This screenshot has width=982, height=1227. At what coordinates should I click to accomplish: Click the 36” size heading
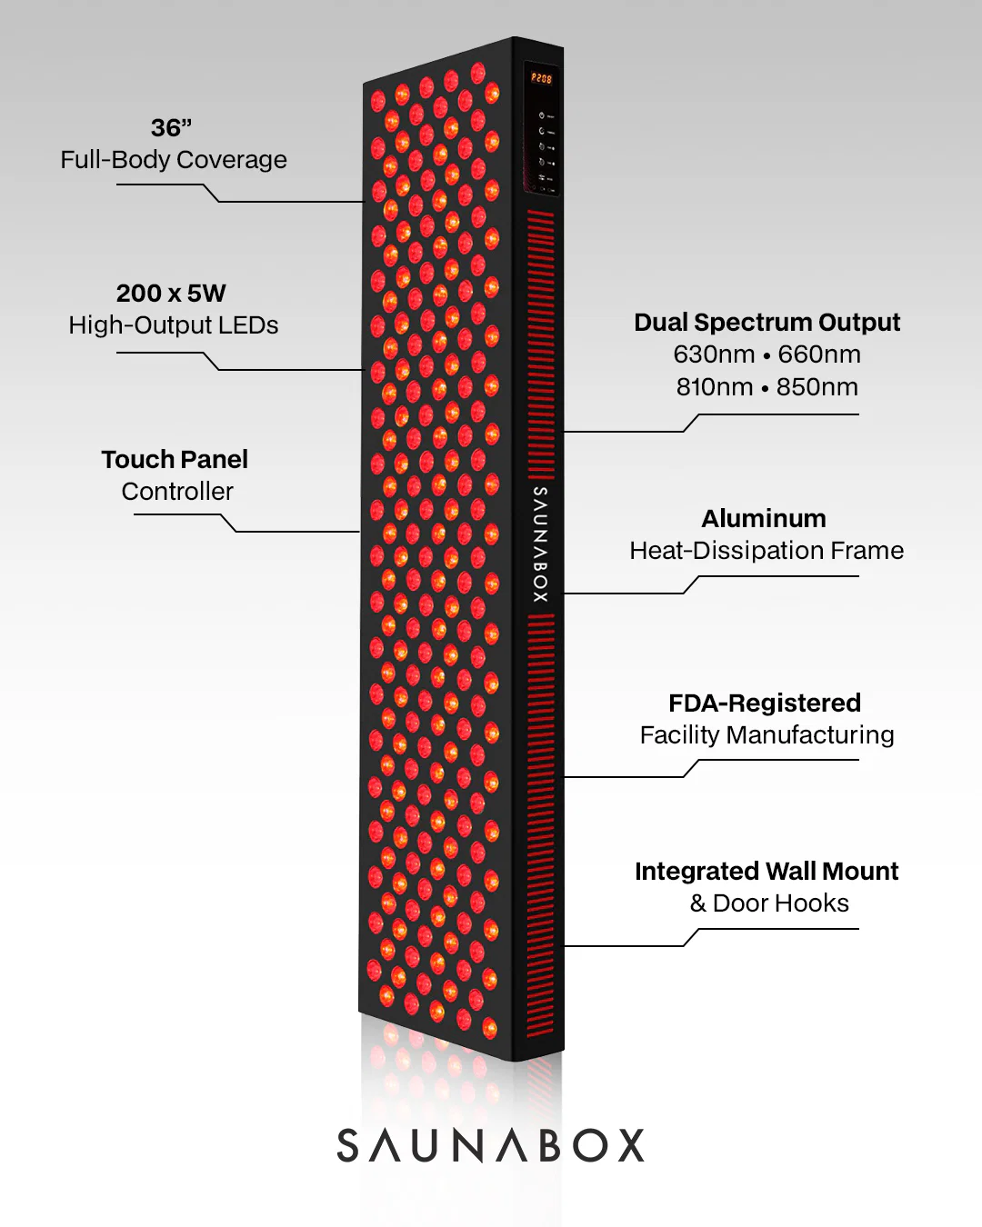point(171,128)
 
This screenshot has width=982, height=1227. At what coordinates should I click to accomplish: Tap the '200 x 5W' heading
point(171,294)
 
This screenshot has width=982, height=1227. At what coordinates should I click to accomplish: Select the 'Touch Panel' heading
point(175,460)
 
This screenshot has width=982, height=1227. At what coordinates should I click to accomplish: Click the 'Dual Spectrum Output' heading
point(767,323)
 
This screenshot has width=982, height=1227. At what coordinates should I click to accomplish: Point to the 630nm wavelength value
point(714,354)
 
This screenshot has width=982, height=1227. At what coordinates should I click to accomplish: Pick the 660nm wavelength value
point(819,354)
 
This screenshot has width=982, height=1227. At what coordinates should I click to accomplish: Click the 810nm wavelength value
point(714,387)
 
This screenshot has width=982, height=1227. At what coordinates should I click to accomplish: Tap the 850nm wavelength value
point(817,387)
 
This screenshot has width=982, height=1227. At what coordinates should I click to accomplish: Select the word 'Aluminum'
point(764,519)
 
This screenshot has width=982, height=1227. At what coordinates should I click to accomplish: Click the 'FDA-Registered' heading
point(765,703)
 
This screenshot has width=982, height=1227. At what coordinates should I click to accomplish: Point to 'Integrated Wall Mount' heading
point(767,872)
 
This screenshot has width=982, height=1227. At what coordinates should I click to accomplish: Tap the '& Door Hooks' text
point(769,903)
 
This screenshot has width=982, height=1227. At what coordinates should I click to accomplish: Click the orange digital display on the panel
point(542,79)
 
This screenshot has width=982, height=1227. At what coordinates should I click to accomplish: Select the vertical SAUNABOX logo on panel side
point(540,544)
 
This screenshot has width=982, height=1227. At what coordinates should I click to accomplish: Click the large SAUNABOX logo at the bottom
point(491,1145)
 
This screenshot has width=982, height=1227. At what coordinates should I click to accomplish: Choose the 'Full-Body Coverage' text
point(174,160)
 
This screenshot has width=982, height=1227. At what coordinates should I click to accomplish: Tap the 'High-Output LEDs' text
point(174,325)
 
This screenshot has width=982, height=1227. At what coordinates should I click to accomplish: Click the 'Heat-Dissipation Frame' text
point(767,551)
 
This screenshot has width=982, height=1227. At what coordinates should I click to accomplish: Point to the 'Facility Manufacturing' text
point(767,735)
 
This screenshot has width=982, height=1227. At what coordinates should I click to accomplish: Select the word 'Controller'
point(177,492)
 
